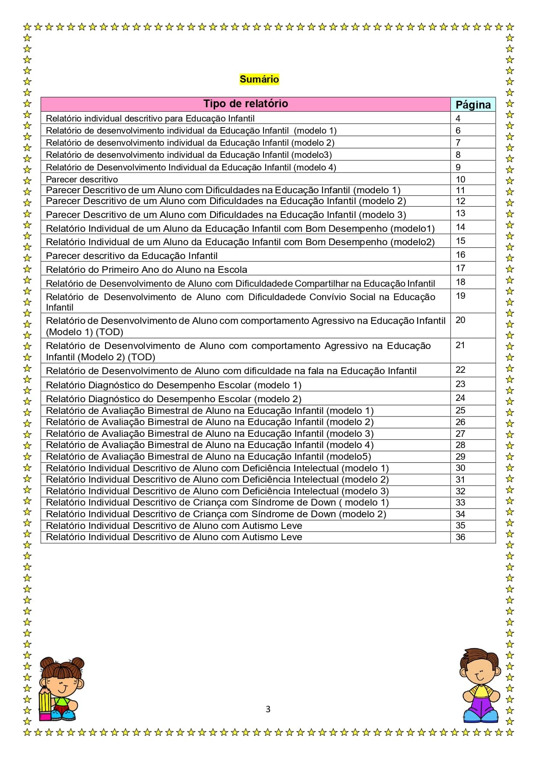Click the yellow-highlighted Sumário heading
point(259,79)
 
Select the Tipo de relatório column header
point(245,104)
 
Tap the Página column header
point(473,105)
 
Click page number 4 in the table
point(458,118)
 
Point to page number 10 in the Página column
point(460,179)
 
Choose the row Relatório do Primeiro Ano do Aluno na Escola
point(146,269)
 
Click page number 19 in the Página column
point(460,296)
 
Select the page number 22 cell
point(460,370)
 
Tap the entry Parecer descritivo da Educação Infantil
point(132,256)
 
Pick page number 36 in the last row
point(460,537)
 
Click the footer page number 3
point(268,709)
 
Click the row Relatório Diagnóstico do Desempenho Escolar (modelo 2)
point(174,399)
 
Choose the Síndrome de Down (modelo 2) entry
point(216,514)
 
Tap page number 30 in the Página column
point(460,468)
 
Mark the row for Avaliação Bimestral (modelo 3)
point(209,434)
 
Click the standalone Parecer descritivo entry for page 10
point(82,179)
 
